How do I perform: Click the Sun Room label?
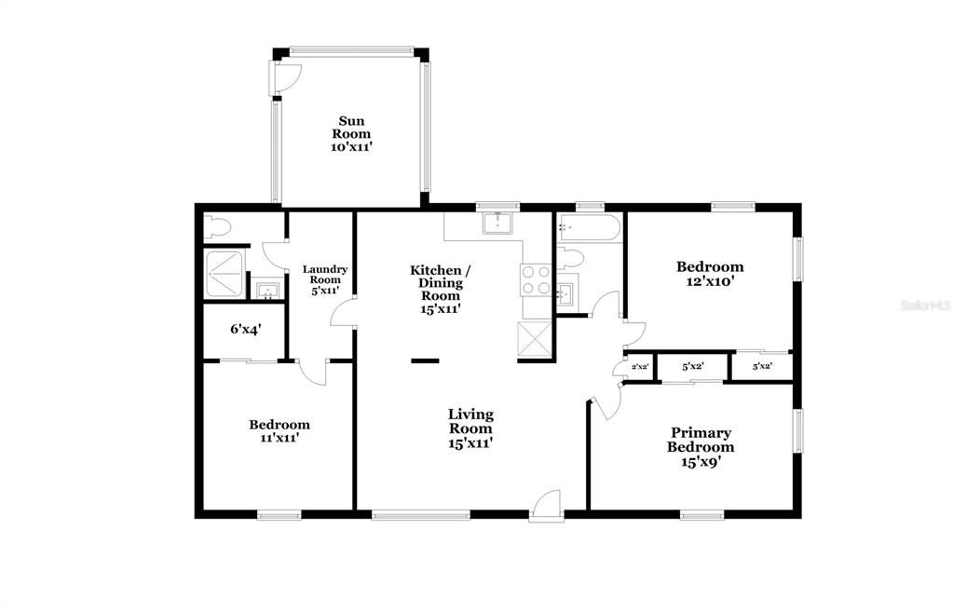(351, 133)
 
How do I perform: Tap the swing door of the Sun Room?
(285, 77)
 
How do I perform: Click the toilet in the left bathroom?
(217, 226)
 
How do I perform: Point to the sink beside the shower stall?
(267, 292)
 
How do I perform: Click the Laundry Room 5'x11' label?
(325, 279)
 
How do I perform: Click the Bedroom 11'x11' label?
(279, 430)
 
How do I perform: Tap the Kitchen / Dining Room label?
(441, 289)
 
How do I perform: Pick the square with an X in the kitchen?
(535, 336)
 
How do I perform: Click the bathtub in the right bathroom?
(589, 228)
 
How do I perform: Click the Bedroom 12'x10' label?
(709, 273)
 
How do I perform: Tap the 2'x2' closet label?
(639, 367)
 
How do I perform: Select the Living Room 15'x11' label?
(470, 428)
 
